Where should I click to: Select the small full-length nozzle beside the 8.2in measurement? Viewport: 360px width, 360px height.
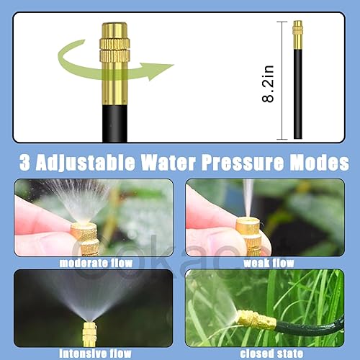(297, 79)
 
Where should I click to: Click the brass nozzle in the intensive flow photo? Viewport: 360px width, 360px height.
(89, 333)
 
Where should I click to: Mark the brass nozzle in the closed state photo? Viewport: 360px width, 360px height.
(256, 320)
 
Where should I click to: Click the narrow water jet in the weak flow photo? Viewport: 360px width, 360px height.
(248, 198)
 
